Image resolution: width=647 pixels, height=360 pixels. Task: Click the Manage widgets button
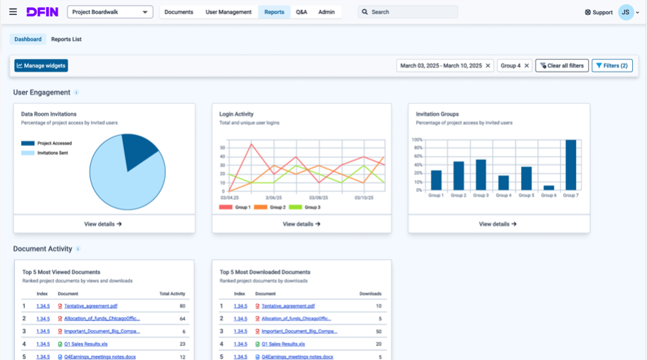click(41, 65)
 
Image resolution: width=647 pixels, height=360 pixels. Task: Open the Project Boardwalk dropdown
click(109, 12)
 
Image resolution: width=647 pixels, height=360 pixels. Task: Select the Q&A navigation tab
click(301, 12)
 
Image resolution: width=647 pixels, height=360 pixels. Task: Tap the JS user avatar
click(626, 12)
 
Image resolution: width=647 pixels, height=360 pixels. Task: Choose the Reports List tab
click(66, 39)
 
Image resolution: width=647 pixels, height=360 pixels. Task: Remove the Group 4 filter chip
click(527, 65)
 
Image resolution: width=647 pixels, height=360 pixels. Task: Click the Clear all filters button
click(562, 65)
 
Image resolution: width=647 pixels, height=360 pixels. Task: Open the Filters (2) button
click(611, 65)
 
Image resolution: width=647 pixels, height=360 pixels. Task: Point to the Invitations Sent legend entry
click(53, 153)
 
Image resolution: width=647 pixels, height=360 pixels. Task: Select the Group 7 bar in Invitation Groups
click(570, 165)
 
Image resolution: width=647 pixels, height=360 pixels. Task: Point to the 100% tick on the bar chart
click(417, 140)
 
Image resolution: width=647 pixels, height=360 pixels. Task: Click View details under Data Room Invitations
click(103, 224)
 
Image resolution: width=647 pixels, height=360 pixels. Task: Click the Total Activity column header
click(172, 293)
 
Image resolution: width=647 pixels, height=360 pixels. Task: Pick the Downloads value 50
click(378, 332)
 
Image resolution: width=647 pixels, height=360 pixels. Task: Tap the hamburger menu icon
click(13, 12)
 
